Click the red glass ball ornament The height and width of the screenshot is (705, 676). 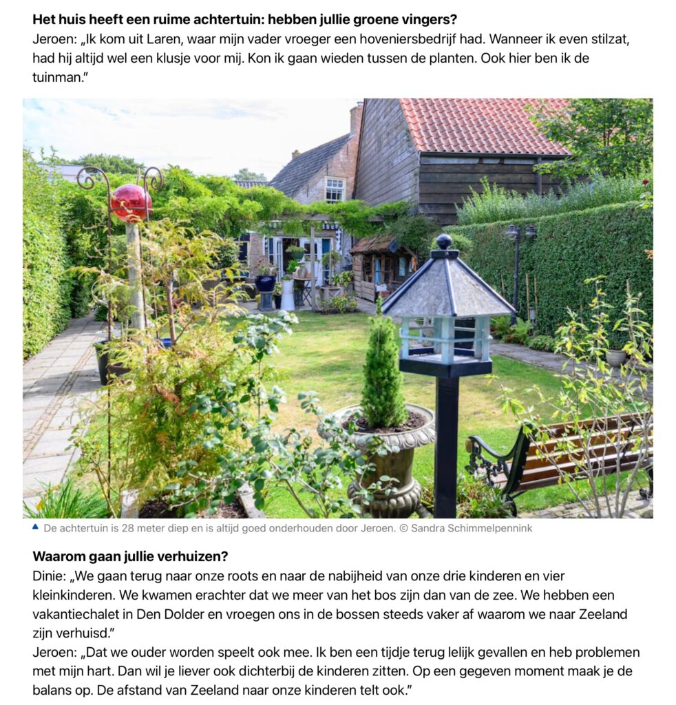pyautogui.click(x=131, y=202)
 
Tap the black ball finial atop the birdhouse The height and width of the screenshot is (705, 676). pyautogui.click(x=444, y=242)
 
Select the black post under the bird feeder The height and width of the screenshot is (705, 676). pyautogui.click(x=445, y=441)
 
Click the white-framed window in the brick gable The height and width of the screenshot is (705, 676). pyautogui.click(x=335, y=189)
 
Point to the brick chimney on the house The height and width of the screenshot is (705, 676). pyautogui.click(x=356, y=118)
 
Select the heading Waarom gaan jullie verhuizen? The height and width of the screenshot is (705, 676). pyautogui.click(x=130, y=556)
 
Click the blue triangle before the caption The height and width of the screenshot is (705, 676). pyautogui.click(x=35, y=527)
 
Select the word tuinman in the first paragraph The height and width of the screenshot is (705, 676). pyautogui.click(x=56, y=77)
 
